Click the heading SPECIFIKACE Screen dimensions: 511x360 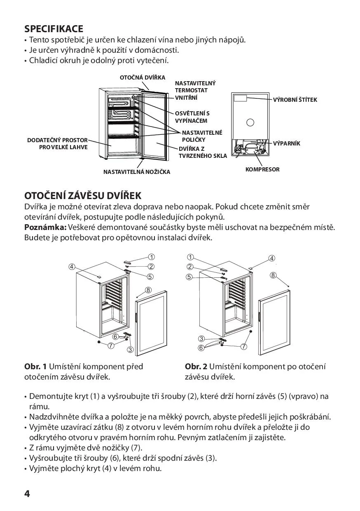pos(54,29)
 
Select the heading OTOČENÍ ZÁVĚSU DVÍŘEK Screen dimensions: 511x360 pos(83,195)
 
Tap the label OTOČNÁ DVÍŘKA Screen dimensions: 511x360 pos(143,77)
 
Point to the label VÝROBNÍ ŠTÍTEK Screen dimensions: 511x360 pos(295,100)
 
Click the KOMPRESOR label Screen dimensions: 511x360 pos(262,169)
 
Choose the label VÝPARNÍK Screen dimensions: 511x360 pos(287,143)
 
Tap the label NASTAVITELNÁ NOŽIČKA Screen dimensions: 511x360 pos(136,172)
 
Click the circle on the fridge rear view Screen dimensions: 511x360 pos(250,122)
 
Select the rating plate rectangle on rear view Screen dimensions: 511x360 pos(240,98)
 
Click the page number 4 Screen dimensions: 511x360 pos(27,494)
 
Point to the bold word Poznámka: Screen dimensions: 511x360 pos(45,227)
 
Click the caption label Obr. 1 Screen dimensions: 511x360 pos(35,366)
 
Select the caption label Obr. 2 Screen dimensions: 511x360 pos(196,366)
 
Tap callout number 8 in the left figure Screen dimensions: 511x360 pos(148,290)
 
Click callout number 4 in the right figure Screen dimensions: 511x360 pos(272,258)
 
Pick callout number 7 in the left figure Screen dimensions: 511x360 pos(111,345)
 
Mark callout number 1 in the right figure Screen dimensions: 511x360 pos(190,258)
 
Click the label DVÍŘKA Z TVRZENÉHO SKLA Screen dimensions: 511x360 pos(202,152)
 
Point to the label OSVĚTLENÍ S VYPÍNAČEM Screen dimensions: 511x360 pos(192,117)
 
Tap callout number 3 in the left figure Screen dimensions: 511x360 pos(131,350)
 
